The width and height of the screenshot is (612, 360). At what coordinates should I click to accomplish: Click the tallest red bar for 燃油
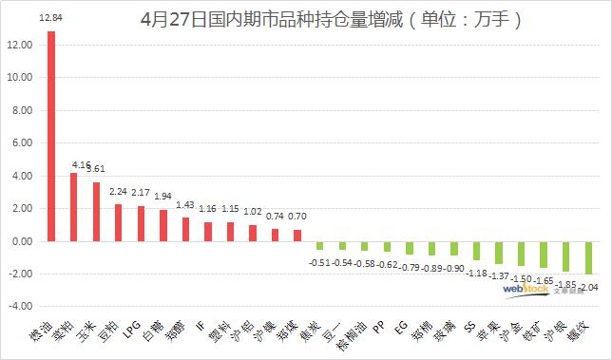51,136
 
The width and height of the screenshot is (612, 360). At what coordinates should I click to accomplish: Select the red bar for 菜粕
74,207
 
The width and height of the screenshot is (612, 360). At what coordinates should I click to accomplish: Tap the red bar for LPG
142,223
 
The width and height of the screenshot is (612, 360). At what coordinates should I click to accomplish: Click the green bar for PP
388,246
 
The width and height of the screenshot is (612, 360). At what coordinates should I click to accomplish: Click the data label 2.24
118,190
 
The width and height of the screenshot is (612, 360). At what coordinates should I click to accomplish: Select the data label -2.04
591,288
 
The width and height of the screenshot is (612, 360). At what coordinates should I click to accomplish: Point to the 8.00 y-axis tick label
20,110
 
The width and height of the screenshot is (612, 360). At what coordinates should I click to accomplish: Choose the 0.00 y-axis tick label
20,241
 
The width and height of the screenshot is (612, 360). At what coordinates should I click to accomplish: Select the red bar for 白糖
163,225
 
